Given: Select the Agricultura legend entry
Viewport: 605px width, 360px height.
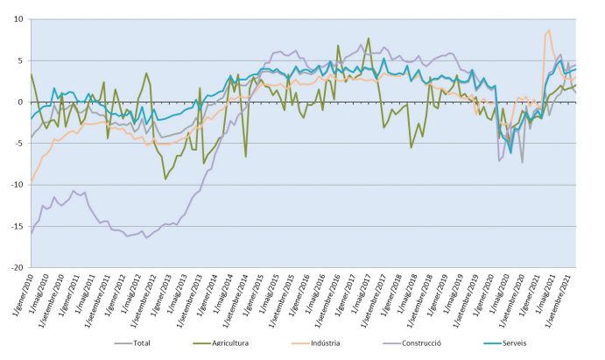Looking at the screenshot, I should (229, 343).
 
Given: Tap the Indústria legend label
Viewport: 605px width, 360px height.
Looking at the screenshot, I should (324, 343).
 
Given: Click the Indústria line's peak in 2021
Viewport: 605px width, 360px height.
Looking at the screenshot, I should (549, 31).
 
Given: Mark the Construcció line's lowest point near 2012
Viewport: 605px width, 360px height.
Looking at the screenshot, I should (146, 237).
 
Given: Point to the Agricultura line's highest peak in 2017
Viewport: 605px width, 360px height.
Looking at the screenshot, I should (369, 39).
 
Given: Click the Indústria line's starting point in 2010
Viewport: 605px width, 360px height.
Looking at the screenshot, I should (32, 181).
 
